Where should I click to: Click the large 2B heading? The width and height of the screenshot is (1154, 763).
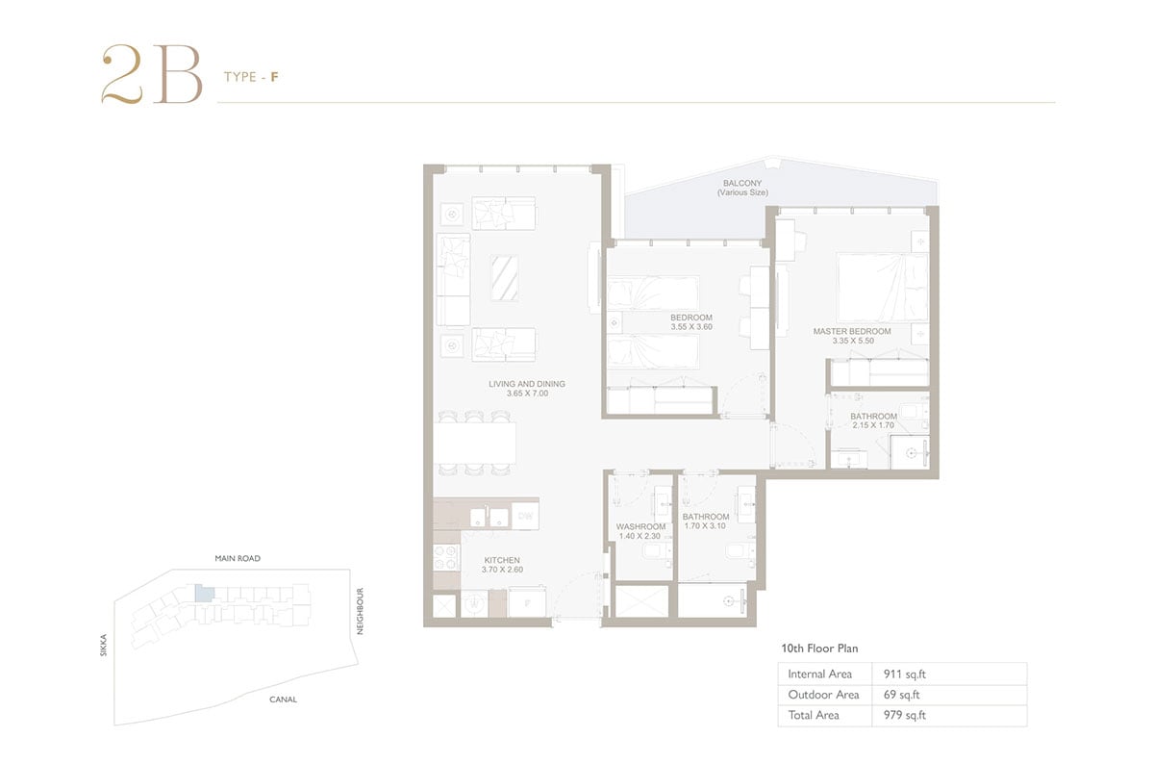pos(152,74)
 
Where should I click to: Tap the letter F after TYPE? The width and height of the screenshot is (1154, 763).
pos(275,77)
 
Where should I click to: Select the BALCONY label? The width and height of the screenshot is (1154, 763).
pos(741,183)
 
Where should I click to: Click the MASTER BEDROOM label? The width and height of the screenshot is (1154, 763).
pos(852,332)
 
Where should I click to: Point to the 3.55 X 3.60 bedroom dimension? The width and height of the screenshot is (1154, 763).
pos(691,327)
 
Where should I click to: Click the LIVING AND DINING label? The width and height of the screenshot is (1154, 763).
pos(527,384)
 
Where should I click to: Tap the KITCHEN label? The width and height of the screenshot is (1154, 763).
pos(502,560)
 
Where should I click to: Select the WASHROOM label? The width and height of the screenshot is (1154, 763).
pos(640,527)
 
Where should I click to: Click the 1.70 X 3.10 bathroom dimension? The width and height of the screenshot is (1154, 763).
pos(705,526)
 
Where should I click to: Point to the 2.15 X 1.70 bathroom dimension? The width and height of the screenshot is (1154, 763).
pos(873,425)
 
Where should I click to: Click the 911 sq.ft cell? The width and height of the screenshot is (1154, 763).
pos(905,674)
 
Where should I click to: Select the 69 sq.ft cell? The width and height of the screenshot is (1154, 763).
pos(902,695)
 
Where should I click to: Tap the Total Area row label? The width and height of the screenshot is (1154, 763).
pos(814,715)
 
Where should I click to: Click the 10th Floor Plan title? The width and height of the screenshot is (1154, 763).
pos(819,649)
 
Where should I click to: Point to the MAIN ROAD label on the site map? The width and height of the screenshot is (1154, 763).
pos(238,558)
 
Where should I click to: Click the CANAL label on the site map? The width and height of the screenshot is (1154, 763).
pos(283,699)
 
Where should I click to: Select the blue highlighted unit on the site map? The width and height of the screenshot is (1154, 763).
pos(205,594)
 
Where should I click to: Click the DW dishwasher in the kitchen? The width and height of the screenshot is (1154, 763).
pos(525,516)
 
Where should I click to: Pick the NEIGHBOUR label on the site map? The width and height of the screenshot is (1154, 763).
pos(360,611)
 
